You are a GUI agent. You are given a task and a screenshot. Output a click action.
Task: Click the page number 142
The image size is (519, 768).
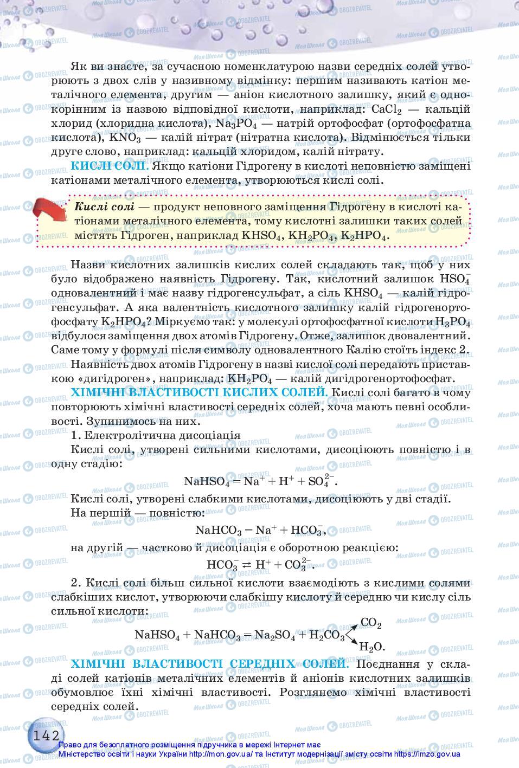[x=46, y=735]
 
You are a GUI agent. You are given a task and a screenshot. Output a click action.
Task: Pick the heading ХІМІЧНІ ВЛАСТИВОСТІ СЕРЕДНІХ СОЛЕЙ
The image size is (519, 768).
[x=209, y=664]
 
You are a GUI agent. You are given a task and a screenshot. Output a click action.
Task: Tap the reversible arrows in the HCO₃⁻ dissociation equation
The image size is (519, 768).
[x=247, y=564]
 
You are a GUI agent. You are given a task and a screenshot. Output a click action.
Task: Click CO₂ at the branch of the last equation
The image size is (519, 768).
[x=371, y=623]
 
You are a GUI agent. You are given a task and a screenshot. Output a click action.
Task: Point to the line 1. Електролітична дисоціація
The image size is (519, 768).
[x=156, y=435]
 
